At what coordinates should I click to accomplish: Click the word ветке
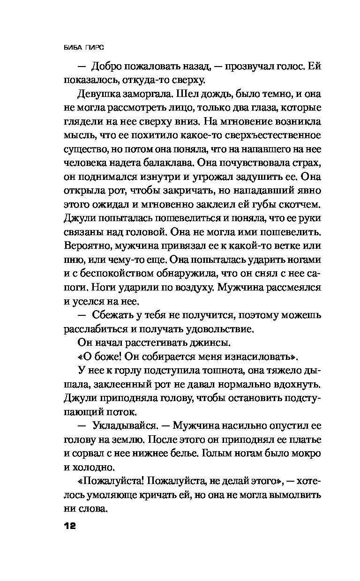(x=277, y=246)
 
